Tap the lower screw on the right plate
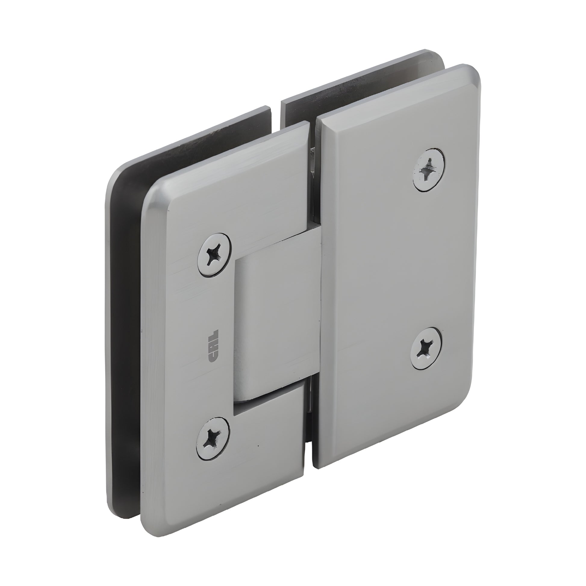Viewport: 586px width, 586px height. point(426,348)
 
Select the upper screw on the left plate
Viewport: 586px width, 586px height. point(214,254)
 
